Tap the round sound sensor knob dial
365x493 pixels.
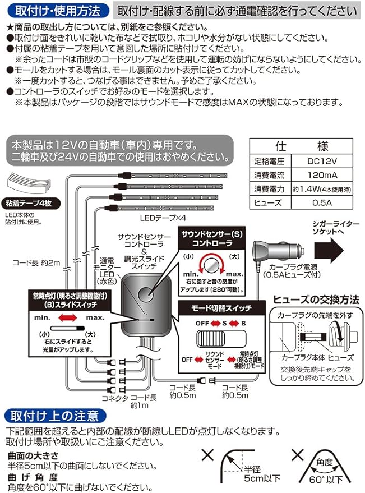click(211, 262)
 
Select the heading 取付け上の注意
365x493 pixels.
click(54, 416)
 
